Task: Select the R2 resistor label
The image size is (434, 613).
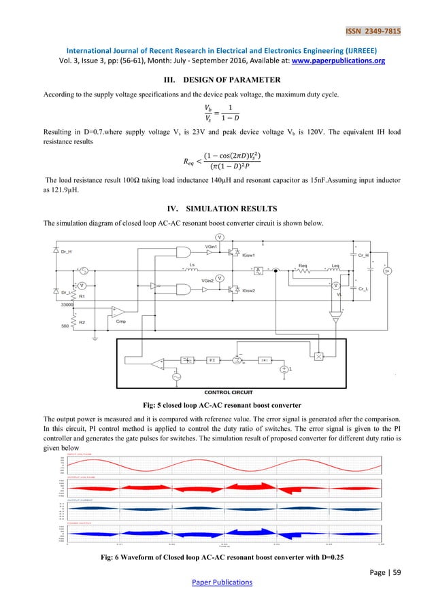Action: click(x=82, y=321)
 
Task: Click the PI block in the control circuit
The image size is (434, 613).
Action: click(x=212, y=357)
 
